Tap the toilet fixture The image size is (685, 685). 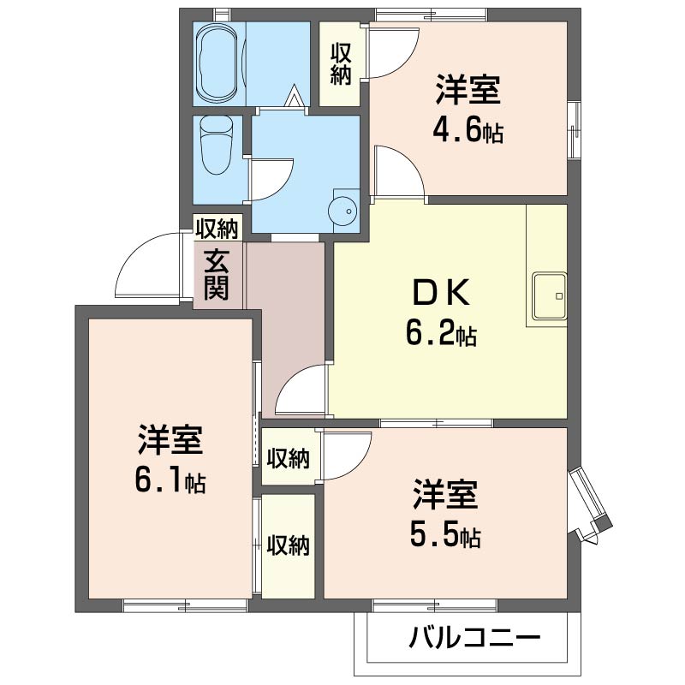tap(217, 145)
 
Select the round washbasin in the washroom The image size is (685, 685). tap(342, 211)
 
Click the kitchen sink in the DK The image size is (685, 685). tap(550, 296)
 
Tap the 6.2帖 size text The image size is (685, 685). tap(441, 332)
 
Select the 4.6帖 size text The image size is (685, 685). tap(468, 130)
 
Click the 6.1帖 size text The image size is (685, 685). tap(170, 480)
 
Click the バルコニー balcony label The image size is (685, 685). tap(474, 638)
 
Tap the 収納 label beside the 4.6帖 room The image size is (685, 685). tap(341, 64)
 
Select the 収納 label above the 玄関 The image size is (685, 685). tap(217, 228)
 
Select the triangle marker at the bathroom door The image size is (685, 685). tap(293, 96)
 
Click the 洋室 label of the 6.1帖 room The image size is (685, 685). tap(170, 439)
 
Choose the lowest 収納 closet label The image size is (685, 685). tap(289, 545)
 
